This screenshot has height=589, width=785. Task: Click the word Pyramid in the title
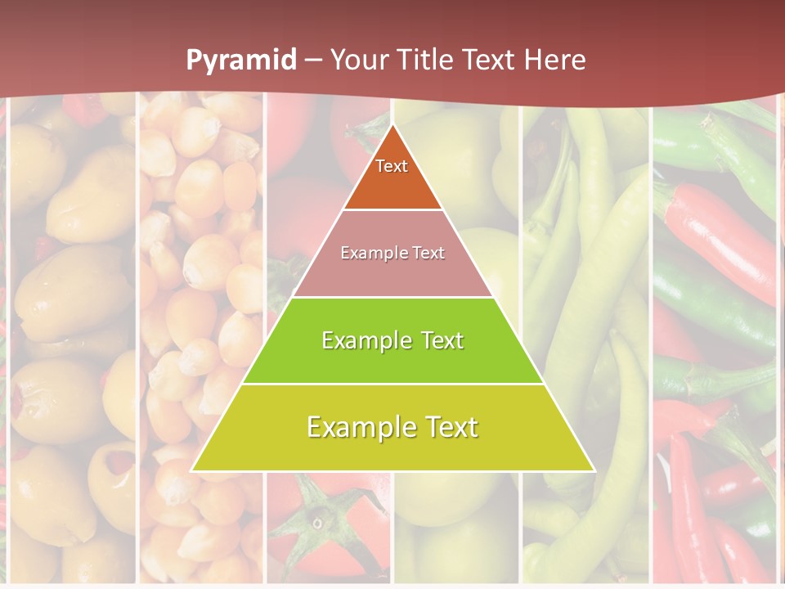(x=241, y=61)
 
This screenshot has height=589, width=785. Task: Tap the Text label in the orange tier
(x=392, y=166)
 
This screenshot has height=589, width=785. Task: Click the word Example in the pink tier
(x=367, y=253)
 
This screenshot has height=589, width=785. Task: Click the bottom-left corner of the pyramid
(x=192, y=470)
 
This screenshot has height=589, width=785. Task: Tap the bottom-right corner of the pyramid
(x=594, y=470)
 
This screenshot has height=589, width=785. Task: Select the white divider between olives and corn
(x=136, y=327)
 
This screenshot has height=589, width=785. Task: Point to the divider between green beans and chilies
(x=651, y=327)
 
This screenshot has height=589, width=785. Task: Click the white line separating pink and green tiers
(x=392, y=297)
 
